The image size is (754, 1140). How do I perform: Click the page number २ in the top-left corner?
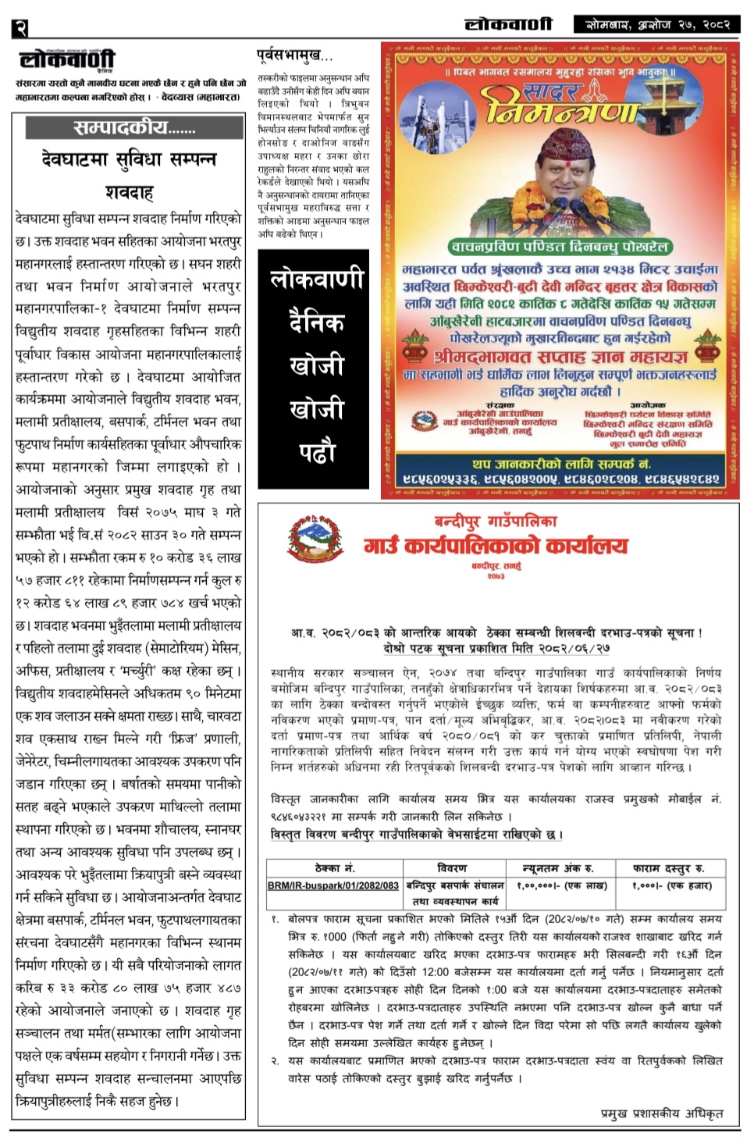(x=20, y=28)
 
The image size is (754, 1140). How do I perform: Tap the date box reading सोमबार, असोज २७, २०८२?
(x=657, y=24)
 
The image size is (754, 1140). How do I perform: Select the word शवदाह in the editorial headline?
(x=129, y=191)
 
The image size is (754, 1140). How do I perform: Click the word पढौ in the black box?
(x=316, y=452)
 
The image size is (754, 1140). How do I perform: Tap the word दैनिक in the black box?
(x=316, y=322)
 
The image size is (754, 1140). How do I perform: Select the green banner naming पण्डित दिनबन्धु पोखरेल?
(x=560, y=247)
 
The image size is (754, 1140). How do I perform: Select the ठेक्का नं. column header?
(x=334, y=867)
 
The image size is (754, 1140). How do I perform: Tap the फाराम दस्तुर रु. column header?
(x=669, y=867)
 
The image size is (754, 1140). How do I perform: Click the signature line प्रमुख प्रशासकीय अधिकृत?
(x=661, y=1113)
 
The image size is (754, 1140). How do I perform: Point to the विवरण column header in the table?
(x=452, y=867)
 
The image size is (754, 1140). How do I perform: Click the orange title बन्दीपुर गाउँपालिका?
(x=496, y=521)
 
